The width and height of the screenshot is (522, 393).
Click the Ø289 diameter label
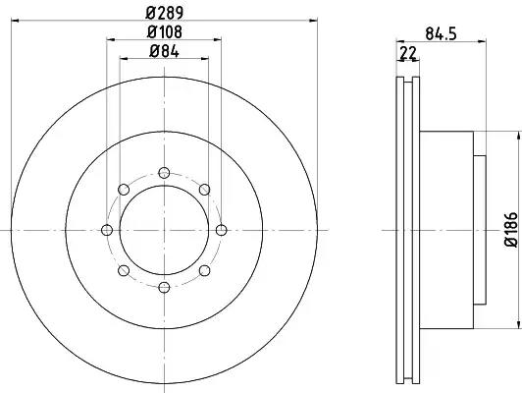(x=165, y=13)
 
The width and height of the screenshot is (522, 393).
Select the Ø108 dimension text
(x=165, y=32)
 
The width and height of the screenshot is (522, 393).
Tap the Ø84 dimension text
(x=165, y=52)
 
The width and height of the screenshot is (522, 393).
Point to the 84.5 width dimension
(x=441, y=34)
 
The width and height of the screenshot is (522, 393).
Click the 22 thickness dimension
(x=408, y=53)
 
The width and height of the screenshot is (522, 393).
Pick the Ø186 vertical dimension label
(x=511, y=229)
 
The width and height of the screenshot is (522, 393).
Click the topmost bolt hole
(x=164, y=173)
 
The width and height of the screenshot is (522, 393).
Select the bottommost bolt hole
(x=164, y=287)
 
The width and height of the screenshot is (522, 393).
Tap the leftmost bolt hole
(x=107, y=230)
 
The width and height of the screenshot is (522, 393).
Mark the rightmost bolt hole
(x=222, y=230)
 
